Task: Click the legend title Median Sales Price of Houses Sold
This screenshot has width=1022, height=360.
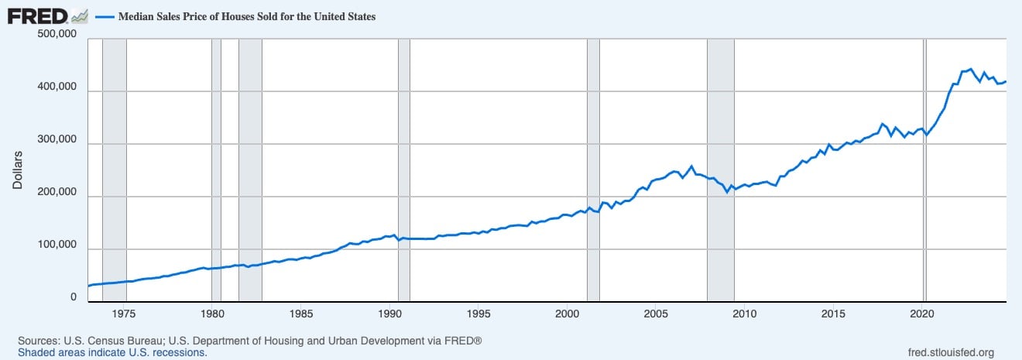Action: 246,16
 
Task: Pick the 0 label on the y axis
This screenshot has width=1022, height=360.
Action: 74,297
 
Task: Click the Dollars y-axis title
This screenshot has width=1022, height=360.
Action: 18,170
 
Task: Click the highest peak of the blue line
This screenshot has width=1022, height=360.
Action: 970,69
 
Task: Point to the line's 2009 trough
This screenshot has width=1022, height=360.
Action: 727,192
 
